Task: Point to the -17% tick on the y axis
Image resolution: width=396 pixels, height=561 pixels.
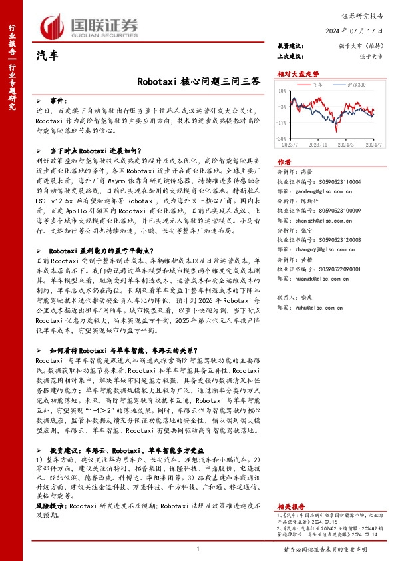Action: (282, 123)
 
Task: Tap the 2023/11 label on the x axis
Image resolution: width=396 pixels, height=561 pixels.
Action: (319, 143)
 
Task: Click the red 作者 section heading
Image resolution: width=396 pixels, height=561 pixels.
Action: (284, 162)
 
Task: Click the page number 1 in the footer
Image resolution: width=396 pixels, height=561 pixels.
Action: (198, 548)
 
